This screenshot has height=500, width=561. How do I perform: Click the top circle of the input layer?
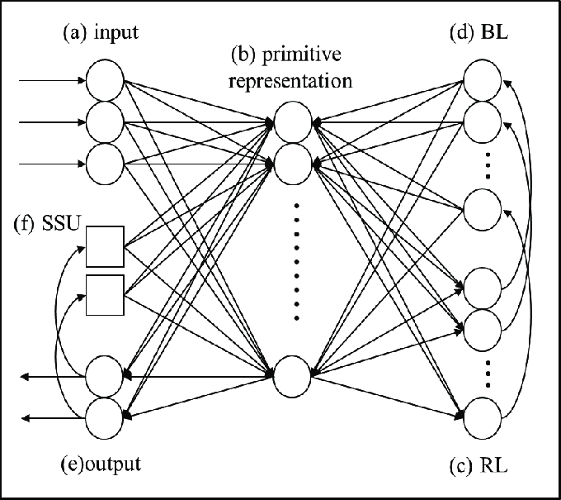click(x=105, y=80)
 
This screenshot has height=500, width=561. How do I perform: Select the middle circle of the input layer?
click(x=105, y=122)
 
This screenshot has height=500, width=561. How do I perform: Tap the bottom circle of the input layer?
click(x=105, y=164)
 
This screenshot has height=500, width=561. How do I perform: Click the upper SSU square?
click(x=106, y=246)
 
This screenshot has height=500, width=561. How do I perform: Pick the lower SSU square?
click(x=106, y=295)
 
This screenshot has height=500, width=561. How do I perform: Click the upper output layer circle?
click(x=104, y=376)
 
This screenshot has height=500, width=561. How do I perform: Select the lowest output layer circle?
click(x=104, y=418)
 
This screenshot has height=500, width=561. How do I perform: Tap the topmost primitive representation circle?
click(x=293, y=122)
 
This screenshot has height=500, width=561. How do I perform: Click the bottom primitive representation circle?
click(x=292, y=376)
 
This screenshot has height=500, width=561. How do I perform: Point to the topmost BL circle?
click(x=483, y=80)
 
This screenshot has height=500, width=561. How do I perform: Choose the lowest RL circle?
click(x=483, y=418)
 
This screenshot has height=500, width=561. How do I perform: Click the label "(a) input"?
click(x=101, y=33)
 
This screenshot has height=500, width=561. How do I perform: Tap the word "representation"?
click(x=290, y=82)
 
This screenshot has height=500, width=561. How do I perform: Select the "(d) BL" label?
click(x=478, y=32)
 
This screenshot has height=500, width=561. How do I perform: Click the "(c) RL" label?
click(x=478, y=466)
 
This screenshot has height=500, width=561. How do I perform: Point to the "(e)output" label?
click(x=101, y=464)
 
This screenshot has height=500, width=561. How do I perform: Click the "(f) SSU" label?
click(x=46, y=224)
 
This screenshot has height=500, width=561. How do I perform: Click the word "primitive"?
click(x=302, y=55)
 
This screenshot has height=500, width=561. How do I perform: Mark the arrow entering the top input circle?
click(x=52, y=80)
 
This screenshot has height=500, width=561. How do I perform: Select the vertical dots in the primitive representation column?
click(x=296, y=262)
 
